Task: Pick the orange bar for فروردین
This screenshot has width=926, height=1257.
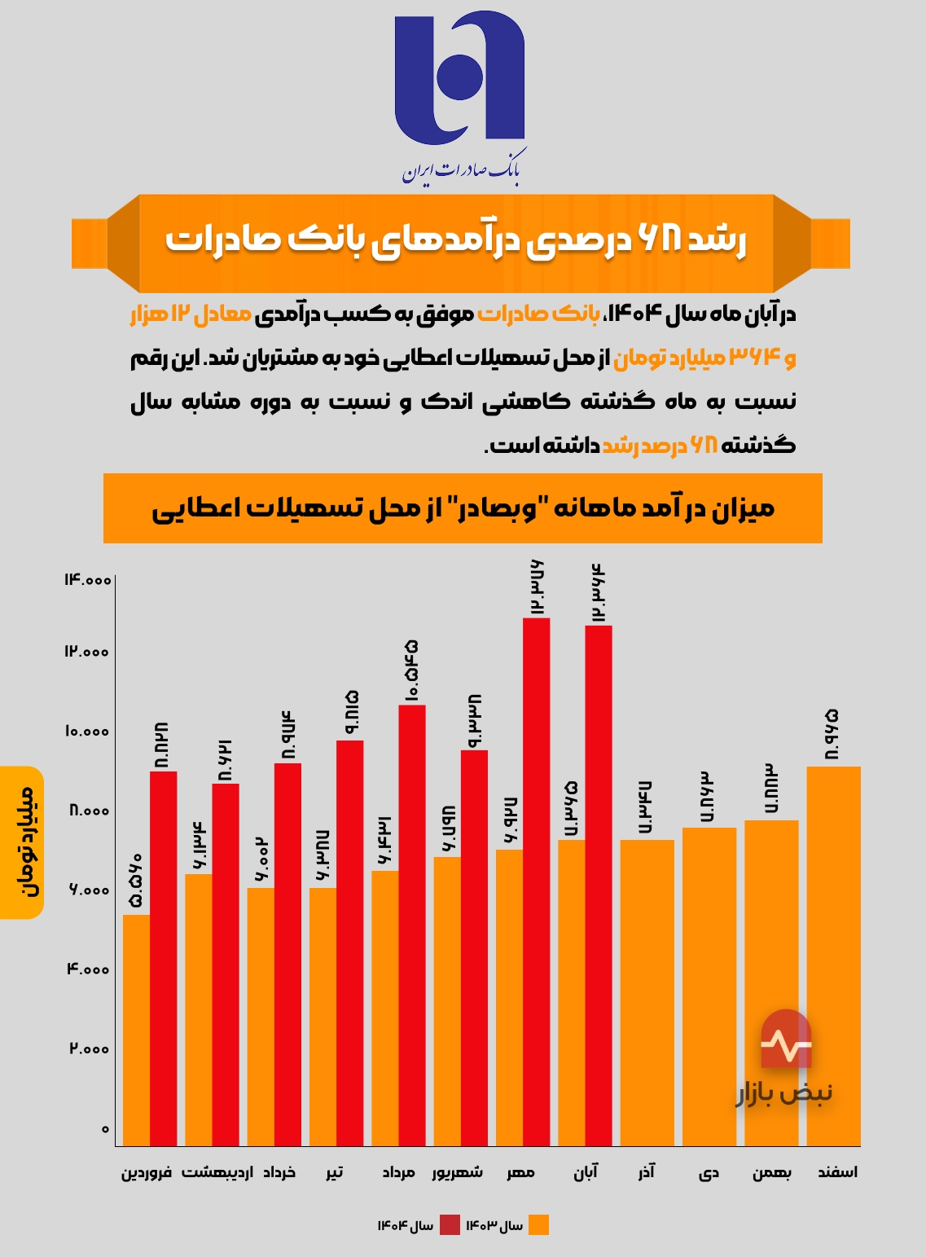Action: click(136, 1030)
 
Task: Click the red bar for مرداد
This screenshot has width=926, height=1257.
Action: click(412, 925)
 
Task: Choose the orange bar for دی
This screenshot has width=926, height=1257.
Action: click(709, 987)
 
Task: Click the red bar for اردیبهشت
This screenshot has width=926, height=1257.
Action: click(226, 965)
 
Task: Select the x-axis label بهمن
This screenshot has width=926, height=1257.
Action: click(771, 1172)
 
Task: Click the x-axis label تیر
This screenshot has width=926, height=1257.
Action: click(335, 1172)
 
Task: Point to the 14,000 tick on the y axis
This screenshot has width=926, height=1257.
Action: click(87, 579)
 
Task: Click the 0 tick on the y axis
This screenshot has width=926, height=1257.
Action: click(105, 1129)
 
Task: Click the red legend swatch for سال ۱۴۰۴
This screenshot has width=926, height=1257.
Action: click(450, 1225)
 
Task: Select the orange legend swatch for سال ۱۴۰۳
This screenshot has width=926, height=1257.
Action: click(538, 1225)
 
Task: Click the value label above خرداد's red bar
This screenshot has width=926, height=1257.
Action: click(287, 734)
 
